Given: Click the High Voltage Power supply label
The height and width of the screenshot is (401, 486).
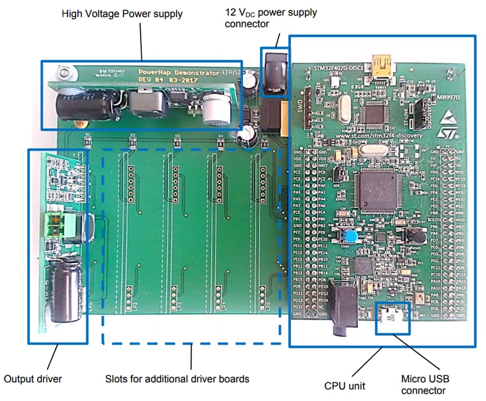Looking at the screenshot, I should (x=122, y=13).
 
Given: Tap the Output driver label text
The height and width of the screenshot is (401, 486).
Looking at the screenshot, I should (x=33, y=379).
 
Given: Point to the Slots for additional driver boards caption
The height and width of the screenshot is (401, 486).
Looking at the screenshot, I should (x=177, y=379).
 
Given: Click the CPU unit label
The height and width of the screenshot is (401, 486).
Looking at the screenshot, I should (x=344, y=386).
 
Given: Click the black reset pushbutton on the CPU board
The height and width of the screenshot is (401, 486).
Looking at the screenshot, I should (x=414, y=235).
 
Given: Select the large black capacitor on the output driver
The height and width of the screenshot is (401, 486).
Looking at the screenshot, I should (x=64, y=291).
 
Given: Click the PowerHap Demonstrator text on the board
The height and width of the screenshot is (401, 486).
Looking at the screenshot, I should (x=178, y=73).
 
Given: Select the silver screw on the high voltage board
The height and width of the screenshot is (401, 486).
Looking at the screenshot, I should (x=63, y=73).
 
